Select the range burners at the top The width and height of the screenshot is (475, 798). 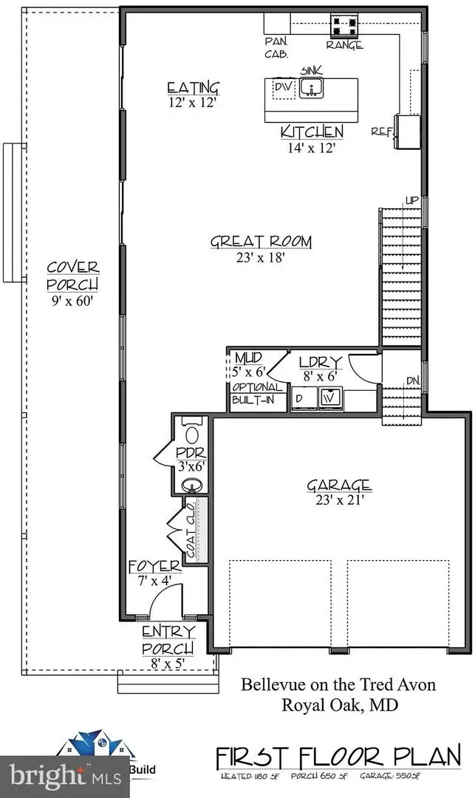346,27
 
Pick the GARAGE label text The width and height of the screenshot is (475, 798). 339,485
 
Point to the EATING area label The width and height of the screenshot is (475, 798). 194,89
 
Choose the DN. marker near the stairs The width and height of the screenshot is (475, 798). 412,381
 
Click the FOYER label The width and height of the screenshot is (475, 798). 154,567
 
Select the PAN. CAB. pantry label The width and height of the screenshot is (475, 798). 276,48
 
